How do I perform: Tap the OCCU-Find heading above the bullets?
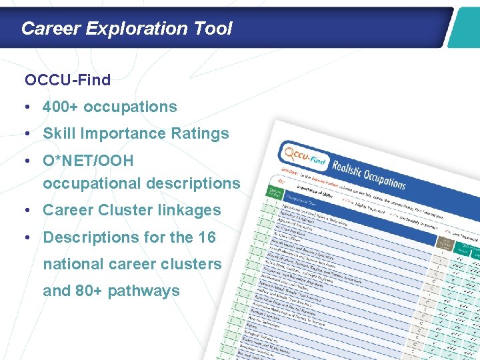(67, 81)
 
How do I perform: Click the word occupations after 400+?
(131, 107)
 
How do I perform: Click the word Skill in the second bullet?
(59, 133)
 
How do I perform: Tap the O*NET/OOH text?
(88, 161)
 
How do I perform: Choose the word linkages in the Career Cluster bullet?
(187, 210)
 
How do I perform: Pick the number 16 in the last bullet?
(207, 237)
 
